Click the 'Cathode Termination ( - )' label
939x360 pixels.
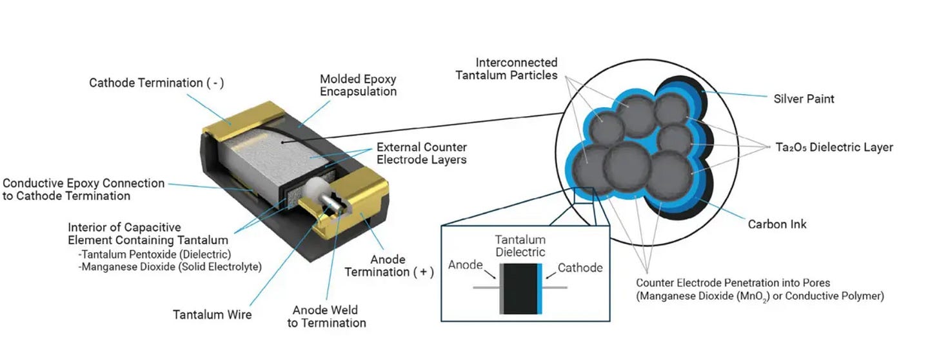pyautogui.click(x=156, y=83)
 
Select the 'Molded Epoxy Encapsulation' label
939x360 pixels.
pyautogui.click(x=358, y=85)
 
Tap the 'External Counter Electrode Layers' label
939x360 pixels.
pyautogui.click(x=421, y=153)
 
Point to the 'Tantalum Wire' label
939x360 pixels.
pyautogui.click(x=212, y=315)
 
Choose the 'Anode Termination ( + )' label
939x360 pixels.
pyautogui.click(x=389, y=266)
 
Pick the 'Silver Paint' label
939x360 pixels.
pyautogui.click(x=804, y=99)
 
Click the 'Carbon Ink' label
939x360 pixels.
pyautogui.click(x=776, y=224)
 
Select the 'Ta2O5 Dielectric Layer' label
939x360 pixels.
pyautogui.click(x=835, y=147)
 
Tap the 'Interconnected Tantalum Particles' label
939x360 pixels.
pyautogui.click(x=506, y=69)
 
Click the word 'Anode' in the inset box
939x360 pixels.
pyautogui.click(x=466, y=265)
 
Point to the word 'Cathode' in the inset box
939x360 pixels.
pyautogui.click(x=580, y=268)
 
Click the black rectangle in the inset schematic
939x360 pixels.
pyautogui.click(x=520, y=288)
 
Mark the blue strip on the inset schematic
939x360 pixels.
pyautogui.click(x=540, y=288)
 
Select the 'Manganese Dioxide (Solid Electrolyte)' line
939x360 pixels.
pyautogui.click(x=170, y=267)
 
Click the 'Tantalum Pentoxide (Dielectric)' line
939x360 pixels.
pyautogui.click(x=155, y=254)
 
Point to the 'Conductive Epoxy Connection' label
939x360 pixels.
pyautogui.click(x=83, y=183)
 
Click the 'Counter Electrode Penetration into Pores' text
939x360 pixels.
pyautogui.click(x=733, y=283)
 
